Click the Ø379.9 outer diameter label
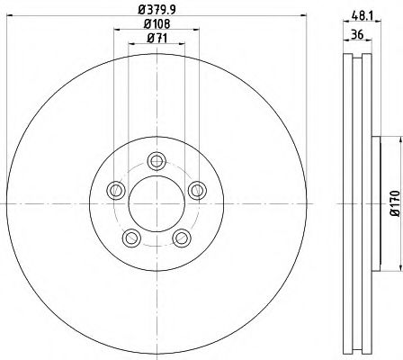(x=157, y=10)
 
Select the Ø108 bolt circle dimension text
(x=157, y=23)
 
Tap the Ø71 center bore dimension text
(x=157, y=38)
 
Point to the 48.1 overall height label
(x=362, y=16)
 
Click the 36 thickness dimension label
(x=357, y=34)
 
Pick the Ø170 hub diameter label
(x=395, y=203)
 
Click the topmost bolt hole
(x=157, y=161)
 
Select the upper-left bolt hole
(x=116, y=190)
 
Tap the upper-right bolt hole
(x=197, y=190)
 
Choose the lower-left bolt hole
(x=131, y=238)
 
